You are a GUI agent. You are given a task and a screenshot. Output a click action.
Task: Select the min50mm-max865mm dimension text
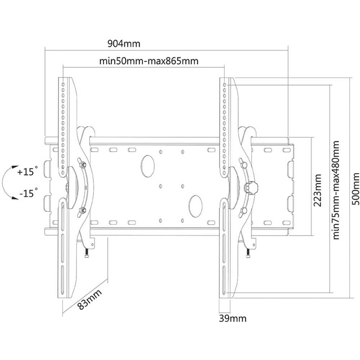click(149, 60)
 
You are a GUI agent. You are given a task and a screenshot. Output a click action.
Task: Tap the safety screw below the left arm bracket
click(86, 253)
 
